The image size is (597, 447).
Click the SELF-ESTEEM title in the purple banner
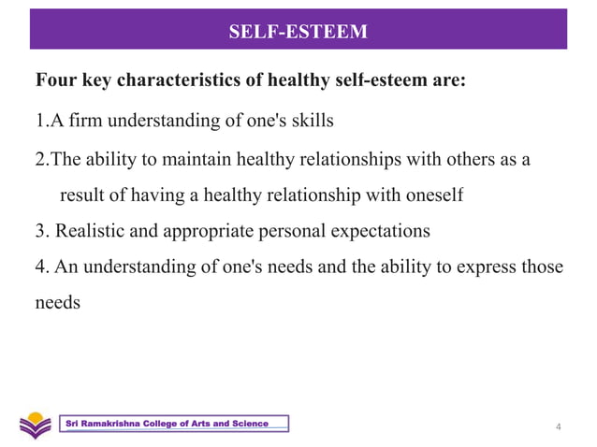pos(298,34)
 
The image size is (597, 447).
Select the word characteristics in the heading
pos(171,81)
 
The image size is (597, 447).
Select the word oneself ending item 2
pos(434,196)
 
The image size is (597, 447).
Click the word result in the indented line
pos(81,196)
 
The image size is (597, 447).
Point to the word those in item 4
pos(544,267)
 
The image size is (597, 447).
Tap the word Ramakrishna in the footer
pos(118,425)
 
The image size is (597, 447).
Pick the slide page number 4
pos(559,428)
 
